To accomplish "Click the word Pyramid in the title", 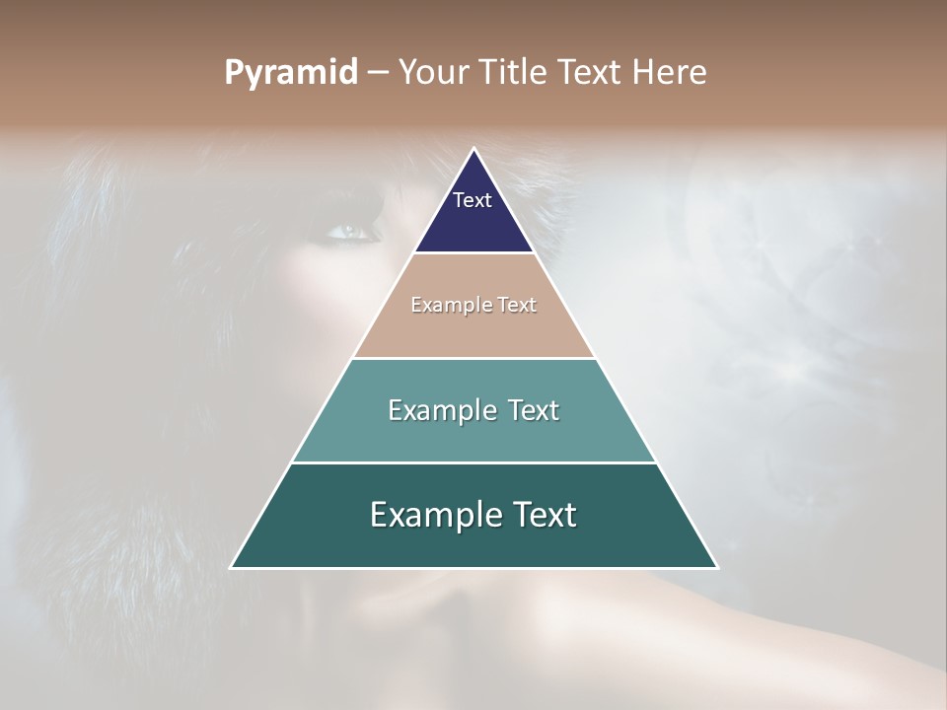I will [x=291, y=73].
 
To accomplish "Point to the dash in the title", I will [x=378, y=73].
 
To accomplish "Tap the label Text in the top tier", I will [x=473, y=200].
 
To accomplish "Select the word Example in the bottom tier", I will [x=431, y=515].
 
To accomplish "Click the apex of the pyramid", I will [x=473, y=150].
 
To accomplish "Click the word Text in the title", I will [x=591, y=73].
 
